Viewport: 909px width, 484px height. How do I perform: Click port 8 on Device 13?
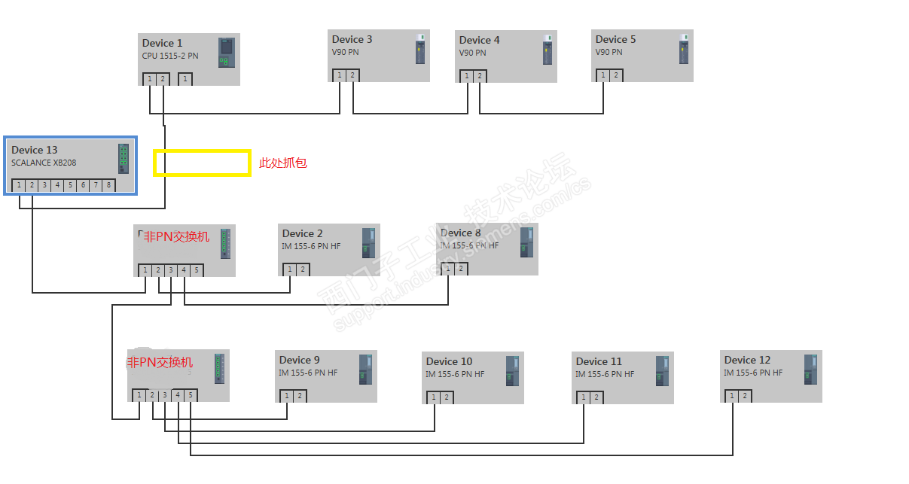(x=108, y=185)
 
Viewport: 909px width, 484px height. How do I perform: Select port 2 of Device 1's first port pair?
(x=163, y=79)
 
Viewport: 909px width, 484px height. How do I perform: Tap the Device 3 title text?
(x=352, y=40)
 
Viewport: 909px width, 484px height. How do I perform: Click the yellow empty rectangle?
(x=202, y=163)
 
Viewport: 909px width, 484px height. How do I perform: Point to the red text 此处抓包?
(x=283, y=163)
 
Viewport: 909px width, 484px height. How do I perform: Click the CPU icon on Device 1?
(x=226, y=53)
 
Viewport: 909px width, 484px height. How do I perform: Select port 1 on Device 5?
(x=602, y=75)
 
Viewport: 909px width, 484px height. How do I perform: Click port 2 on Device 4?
(x=480, y=76)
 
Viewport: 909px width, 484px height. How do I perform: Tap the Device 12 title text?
(x=747, y=361)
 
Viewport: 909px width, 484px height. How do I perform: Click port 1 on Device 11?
(x=583, y=397)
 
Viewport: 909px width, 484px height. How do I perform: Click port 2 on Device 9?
(x=300, y=396)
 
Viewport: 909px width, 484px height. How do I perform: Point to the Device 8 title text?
(x=460, y=233)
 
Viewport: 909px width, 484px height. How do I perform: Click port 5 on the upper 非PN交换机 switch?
(x=197, y=270)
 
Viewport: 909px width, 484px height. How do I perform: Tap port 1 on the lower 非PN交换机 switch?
(x=139, y=395)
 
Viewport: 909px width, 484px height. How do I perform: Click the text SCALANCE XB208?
(x=44, y=163)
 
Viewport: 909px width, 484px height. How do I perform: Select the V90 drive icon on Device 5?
(x=684, y=50)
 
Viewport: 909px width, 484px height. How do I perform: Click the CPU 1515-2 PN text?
(x=170, y=56)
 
